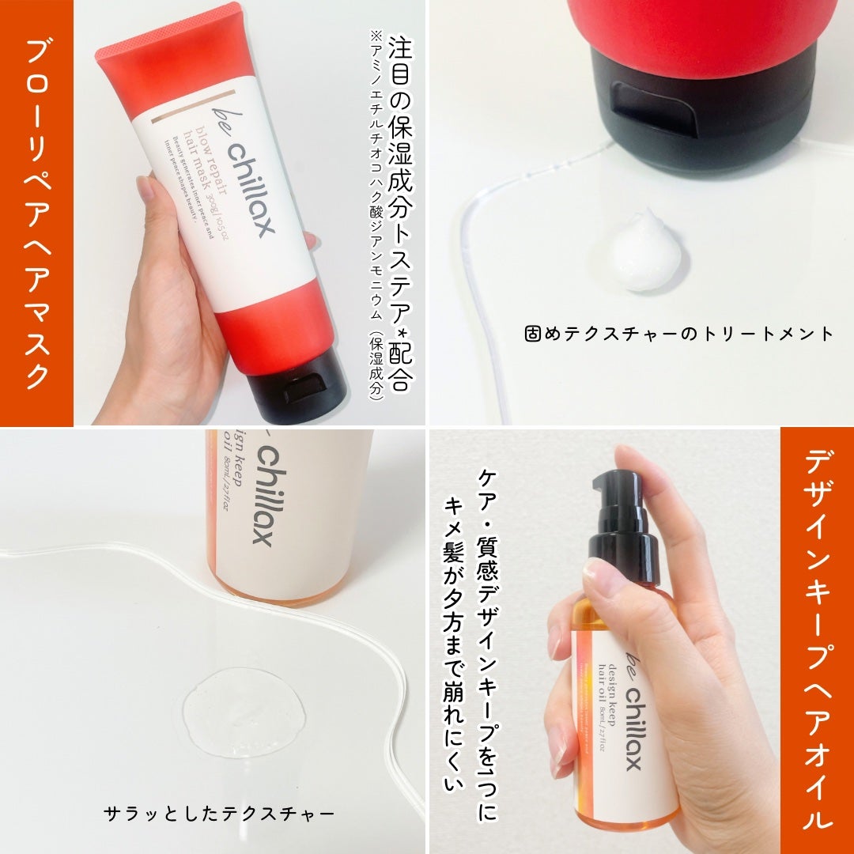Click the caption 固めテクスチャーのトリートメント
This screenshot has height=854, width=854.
678,334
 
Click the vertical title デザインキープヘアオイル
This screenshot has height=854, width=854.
817,640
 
